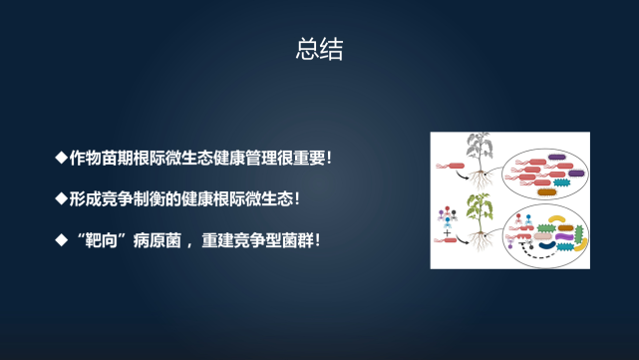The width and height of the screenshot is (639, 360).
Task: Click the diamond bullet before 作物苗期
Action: [61, 158]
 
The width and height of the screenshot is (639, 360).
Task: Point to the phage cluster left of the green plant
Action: [448, 214]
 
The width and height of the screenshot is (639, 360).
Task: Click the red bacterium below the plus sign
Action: [450, 240]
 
